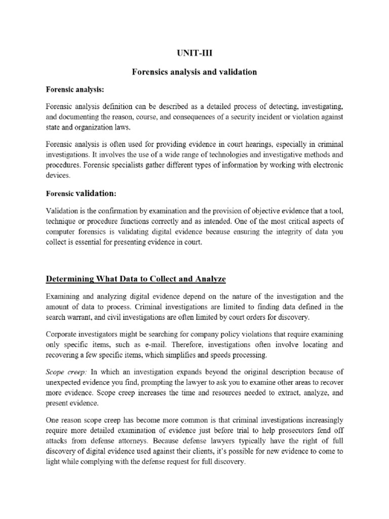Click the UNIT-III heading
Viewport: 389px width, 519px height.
tap(194, 53)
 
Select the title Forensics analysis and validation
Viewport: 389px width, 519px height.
tap(194, 72)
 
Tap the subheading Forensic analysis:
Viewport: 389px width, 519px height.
tap(75, 89)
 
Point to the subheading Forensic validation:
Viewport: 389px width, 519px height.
tap(82, 193)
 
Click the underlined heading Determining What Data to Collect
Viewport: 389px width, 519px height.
tap(136, 279)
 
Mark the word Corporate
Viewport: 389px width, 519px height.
tap(63, 335)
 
